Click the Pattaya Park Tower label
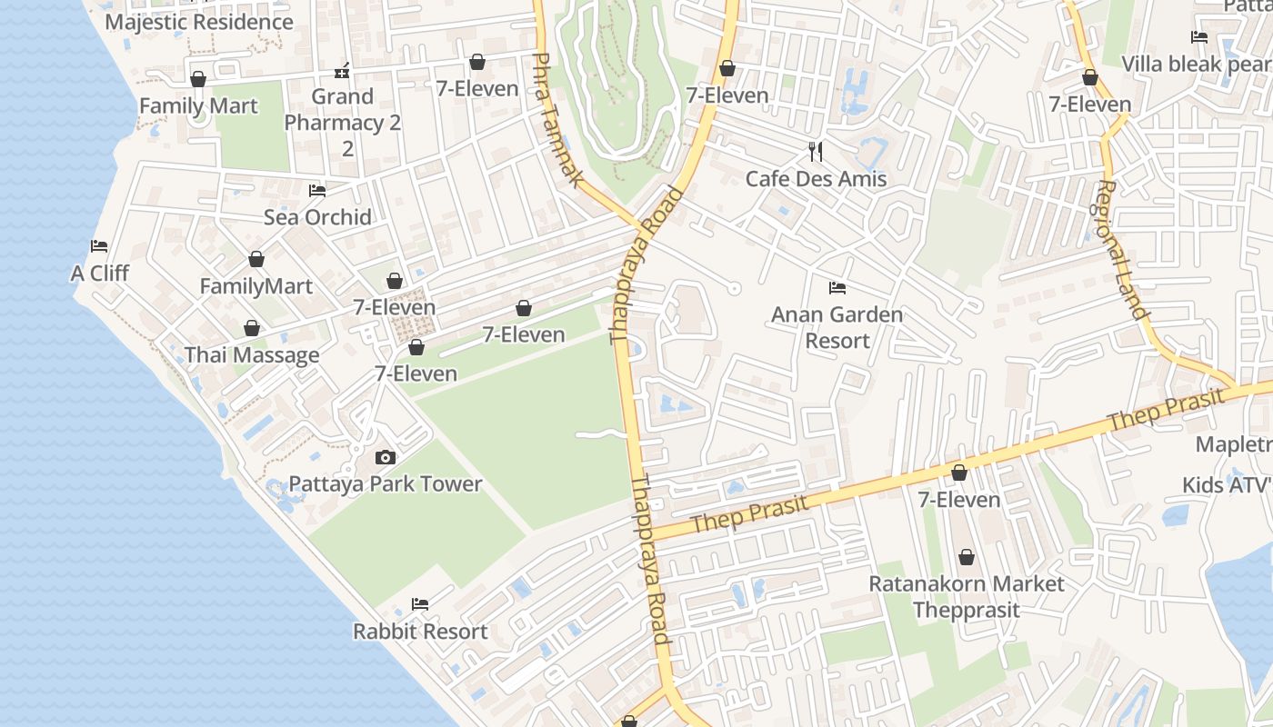[386, 483]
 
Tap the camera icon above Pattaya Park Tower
[386, 457]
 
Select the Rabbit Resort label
[420, 631]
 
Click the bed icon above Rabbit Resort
[420, 603]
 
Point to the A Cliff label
[100, 273]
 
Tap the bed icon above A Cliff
[99, 246]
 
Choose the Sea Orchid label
[317, 217]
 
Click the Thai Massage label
[252, 354]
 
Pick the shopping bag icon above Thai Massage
[252, 328]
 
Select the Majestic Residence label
[199, 22]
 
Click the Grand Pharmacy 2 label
[343, 122]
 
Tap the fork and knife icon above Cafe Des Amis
[816, 151]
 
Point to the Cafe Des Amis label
[816, 178]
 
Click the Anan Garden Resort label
[837, 327]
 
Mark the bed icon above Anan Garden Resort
[837, 288]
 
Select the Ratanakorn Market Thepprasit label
[966, 596]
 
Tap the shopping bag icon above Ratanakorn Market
[966, 556]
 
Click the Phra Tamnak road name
[556, 120]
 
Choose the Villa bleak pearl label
[1197, 65]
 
